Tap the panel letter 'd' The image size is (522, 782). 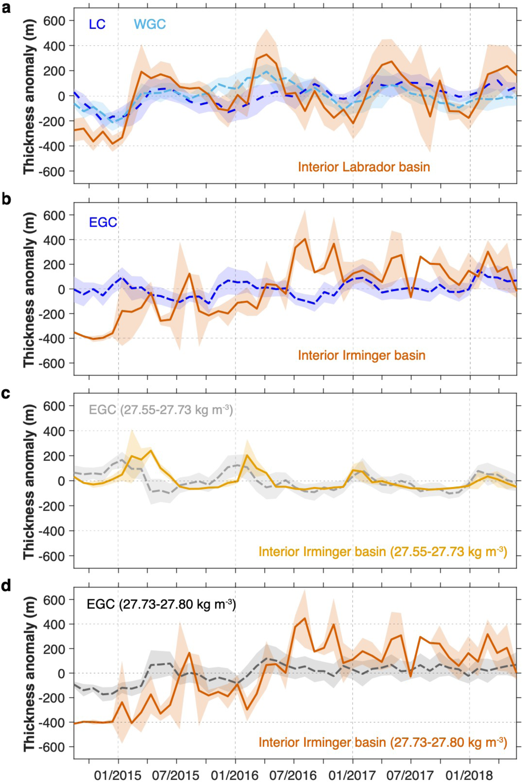6,586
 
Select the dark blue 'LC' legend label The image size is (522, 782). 97,24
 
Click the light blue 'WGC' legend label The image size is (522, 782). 150,24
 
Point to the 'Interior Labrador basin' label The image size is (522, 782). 364,167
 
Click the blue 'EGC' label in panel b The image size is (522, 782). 103,223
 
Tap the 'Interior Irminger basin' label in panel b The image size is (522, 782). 362,355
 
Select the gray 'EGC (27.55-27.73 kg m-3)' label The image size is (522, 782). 161,410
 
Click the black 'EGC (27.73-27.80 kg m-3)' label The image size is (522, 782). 161,604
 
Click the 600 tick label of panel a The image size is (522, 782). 54,20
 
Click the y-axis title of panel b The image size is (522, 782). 29,289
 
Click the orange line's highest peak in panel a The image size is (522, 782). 266,54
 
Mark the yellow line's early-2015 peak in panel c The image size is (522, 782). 151,450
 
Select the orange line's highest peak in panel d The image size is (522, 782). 304,618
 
